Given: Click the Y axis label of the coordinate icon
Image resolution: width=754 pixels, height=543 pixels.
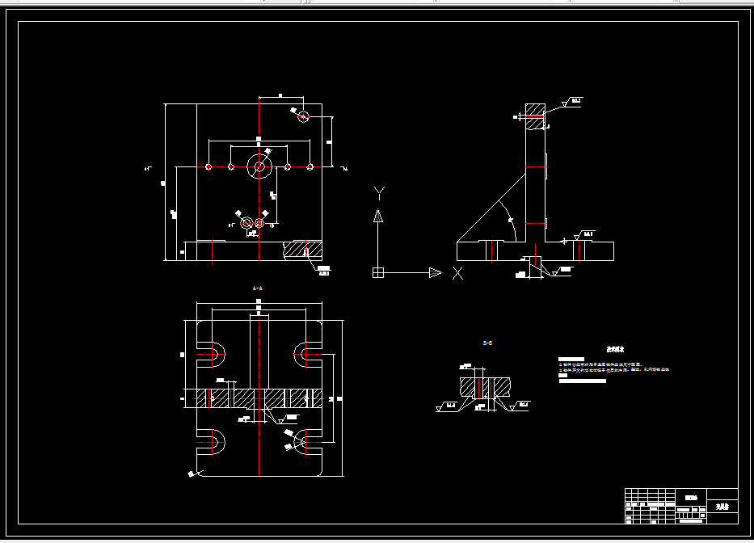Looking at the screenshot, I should pos(379,192).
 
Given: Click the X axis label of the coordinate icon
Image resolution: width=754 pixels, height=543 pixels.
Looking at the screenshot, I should pos(457,273).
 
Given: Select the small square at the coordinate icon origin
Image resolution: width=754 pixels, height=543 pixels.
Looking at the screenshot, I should pos(377,272).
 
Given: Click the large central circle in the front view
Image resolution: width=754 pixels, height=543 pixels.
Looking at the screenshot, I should pos(259,167).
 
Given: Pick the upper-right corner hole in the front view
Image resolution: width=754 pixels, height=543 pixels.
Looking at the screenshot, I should pos(303,116).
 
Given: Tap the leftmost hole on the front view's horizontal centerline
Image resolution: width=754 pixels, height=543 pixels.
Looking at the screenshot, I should pos(209,167).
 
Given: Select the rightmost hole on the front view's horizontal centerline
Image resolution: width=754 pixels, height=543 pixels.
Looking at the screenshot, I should pos(310,167).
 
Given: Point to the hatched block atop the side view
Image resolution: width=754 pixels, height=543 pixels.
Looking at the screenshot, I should pos(535,116).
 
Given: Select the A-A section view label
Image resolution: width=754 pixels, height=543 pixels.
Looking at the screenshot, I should pos(258,288).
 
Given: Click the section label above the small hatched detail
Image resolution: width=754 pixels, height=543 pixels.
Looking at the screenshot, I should pos(487,343).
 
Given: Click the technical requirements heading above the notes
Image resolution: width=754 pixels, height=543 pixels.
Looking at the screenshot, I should pos(615,350).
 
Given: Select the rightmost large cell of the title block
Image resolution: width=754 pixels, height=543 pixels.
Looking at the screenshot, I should pos(722,507).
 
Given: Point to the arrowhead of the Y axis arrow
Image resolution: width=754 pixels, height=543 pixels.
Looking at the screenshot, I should pos(377,214).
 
